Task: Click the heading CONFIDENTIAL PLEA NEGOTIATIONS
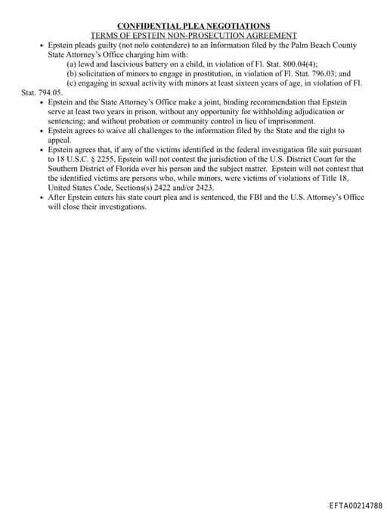pyautogui.click(x=193, y=26)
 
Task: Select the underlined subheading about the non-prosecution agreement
pyautogui.click(x=193, y=36)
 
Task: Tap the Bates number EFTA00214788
pyautogui.click(x=355, y=505)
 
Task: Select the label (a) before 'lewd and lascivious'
pyautogui.click(x=72, y=64)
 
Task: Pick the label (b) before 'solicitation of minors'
pyautogui.click(x=72, y=74)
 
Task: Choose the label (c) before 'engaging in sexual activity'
pyautogui.click(x=72, y=83)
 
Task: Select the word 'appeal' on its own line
pyautogui.click(x=60, y=140)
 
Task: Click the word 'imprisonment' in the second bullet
pyautogui.click(x=271, y=121)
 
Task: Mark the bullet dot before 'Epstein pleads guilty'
pyautogui.click(x=41, y=46)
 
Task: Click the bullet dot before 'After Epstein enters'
pyautogui.click(x=41, y=197)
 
